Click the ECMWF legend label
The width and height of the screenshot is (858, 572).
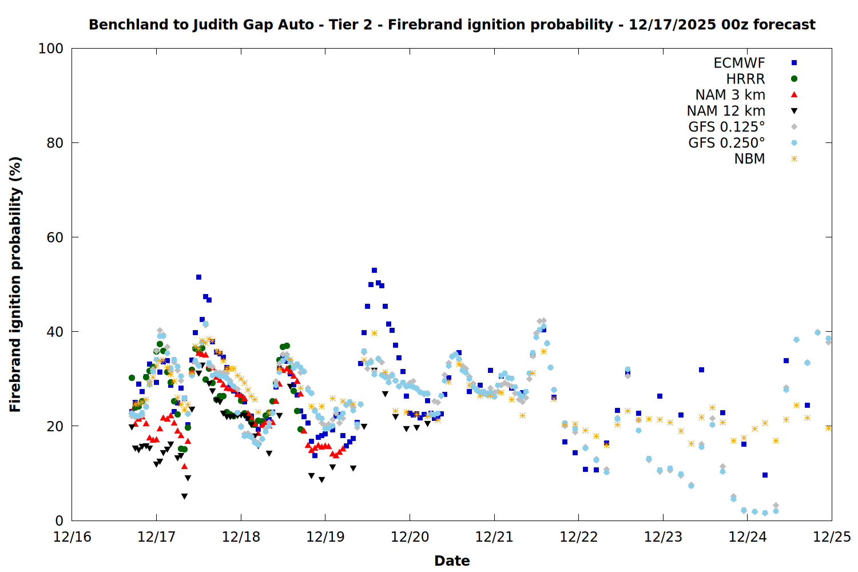tap(739, 63)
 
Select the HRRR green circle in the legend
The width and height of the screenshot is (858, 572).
tap(794, 79)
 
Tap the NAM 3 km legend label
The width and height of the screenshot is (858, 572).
tap(730, 95)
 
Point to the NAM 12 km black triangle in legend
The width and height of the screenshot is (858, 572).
tap(794, 111)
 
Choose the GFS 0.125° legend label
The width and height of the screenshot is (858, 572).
tap(726, 127)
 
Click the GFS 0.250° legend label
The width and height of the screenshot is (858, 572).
tap(726, 143)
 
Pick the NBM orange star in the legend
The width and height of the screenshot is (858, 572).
tap(794, 159)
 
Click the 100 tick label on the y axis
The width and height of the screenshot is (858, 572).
tap(51, 49)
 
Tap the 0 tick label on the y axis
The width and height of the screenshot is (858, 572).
tap(59, 521)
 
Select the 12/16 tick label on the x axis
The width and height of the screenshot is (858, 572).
tap(72, 537)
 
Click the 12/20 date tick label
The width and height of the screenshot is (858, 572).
tap(410, 537)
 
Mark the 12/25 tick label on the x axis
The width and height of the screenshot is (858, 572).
tap(832, 537)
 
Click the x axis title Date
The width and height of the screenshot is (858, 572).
tap(452, 561)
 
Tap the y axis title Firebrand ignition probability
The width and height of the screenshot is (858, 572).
tap(15, 284)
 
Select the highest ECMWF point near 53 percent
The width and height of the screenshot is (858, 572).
tap(374, 271)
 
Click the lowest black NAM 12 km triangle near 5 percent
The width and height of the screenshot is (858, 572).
tap(184, 496)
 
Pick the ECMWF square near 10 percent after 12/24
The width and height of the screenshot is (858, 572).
tap(765, 475)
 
